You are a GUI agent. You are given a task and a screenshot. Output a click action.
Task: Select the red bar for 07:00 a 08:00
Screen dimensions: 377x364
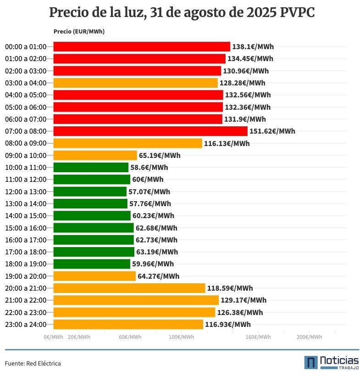point(150,131)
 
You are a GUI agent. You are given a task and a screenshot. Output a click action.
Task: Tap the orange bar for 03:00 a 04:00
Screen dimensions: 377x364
point(135,83)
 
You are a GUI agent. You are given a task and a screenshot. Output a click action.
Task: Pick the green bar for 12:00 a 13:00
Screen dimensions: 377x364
point(90,191)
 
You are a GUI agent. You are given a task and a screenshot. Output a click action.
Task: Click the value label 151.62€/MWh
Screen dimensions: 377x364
point(272,131)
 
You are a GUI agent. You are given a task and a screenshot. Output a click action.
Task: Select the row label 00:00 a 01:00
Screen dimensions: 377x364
point(26,47)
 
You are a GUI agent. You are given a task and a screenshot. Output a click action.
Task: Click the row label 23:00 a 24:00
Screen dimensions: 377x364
point(26,325)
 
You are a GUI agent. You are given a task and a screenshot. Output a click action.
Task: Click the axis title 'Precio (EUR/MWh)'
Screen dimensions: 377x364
point(78,32)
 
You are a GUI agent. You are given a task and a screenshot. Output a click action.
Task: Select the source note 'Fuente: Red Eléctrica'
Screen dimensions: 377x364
point(33,363)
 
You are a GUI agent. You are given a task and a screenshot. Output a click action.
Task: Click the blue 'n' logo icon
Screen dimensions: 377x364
point(311,362)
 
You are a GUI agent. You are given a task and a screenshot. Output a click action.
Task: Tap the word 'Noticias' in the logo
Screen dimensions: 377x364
point(339,360)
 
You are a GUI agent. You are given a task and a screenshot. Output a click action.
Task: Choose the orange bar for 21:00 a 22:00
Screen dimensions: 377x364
point(136,300)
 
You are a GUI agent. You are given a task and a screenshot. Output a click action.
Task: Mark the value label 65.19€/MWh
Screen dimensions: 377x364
point(160,155)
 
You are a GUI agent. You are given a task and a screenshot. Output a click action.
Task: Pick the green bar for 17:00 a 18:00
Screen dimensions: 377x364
point(94,252)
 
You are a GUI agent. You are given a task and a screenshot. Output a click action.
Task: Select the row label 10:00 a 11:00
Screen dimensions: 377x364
point(26,168)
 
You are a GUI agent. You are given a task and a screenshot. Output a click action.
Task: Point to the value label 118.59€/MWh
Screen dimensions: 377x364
point(230,288)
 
